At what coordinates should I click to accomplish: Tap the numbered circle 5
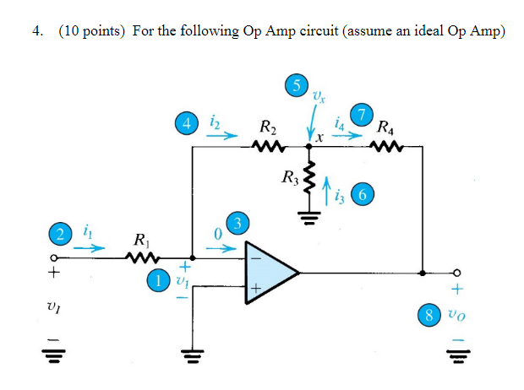(x=295, y=85)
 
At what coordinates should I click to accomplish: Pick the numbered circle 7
(x=363, y=115)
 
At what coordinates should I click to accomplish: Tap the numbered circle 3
(x=240, y=224)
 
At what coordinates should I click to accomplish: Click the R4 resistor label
(x=385, y=129)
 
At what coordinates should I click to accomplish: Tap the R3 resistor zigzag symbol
(x=310, y=181)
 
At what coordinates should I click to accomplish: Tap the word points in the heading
(x=99, y=31)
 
